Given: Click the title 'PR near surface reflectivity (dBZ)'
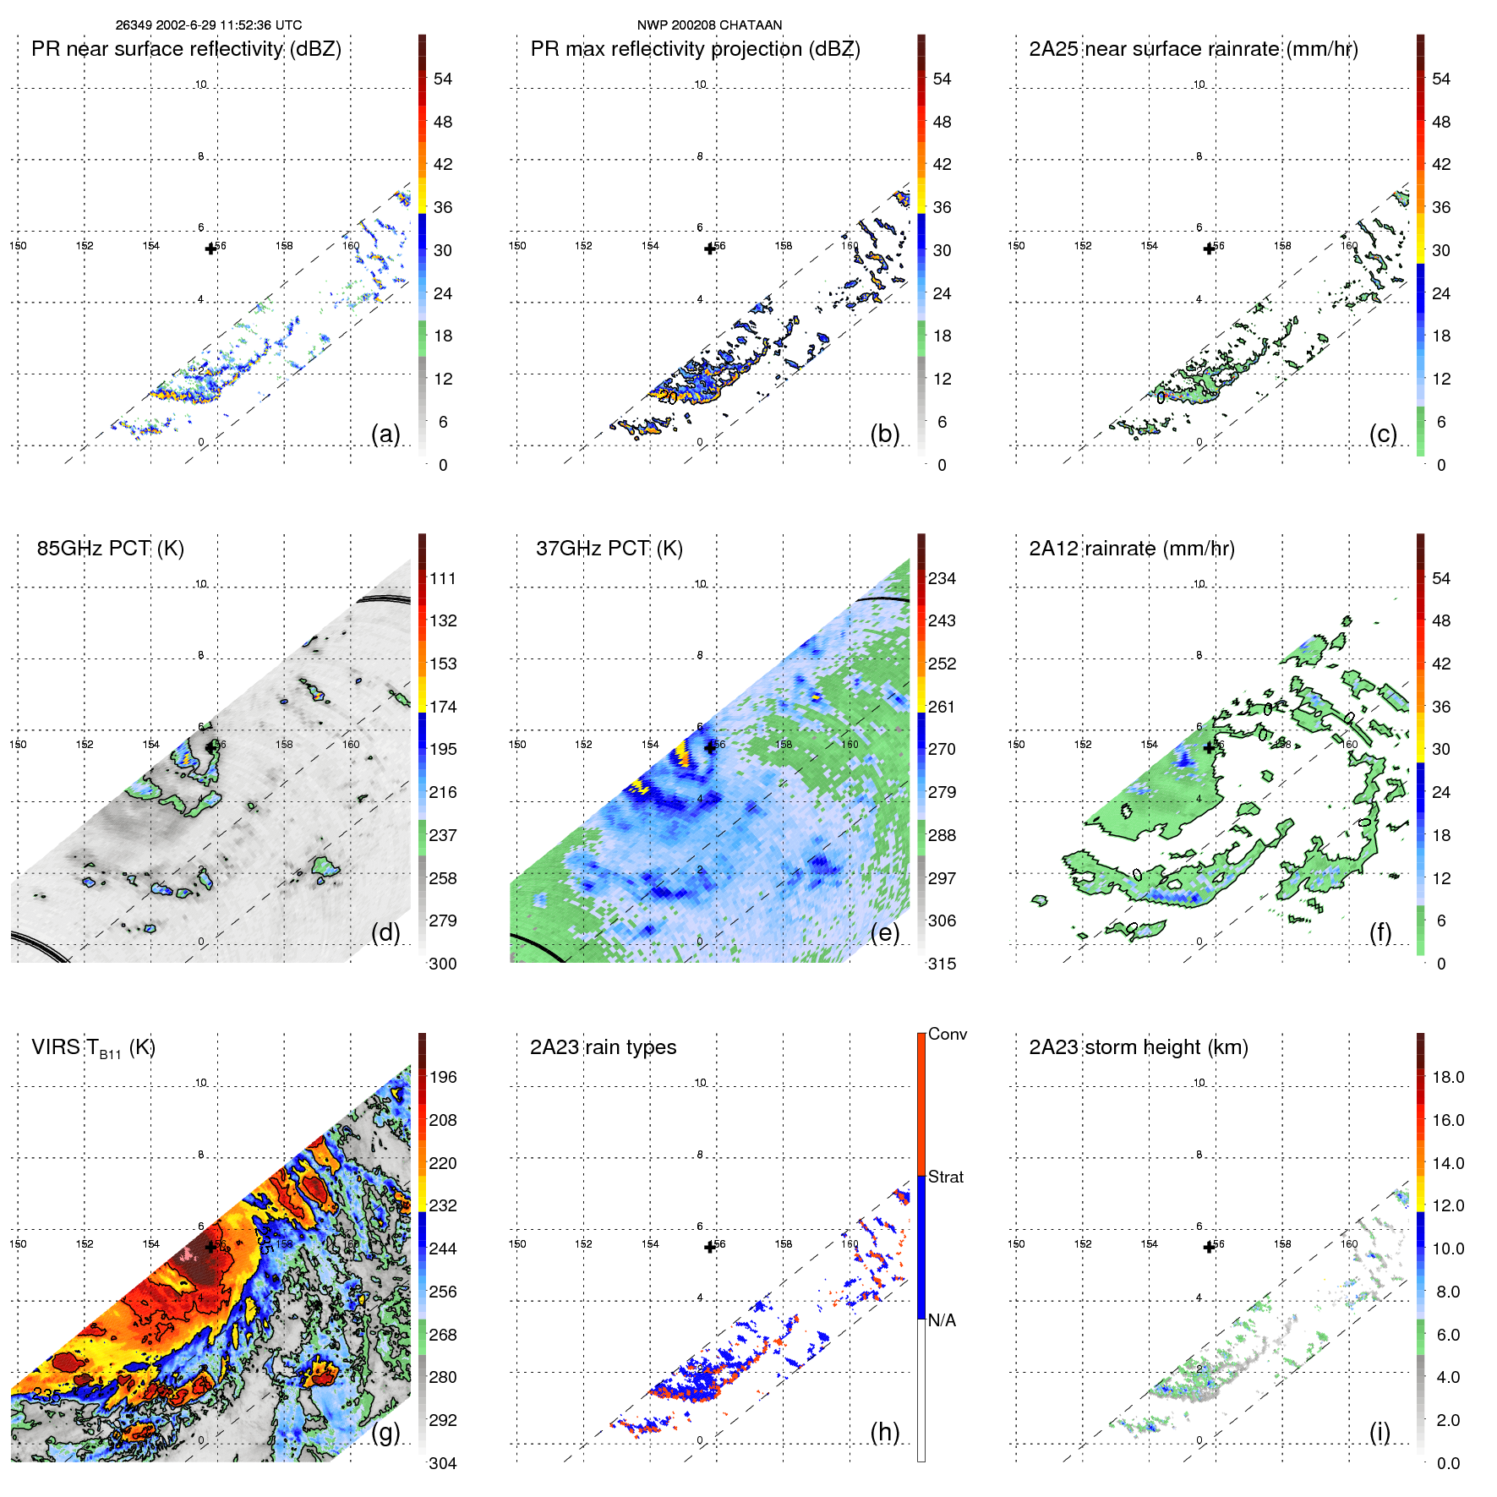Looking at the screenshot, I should coord(186,49).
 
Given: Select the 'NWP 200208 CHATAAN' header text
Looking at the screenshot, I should coord(709,25).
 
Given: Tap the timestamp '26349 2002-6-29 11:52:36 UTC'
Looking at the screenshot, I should coord(209,25).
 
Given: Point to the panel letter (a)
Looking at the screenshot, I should coord(385,434).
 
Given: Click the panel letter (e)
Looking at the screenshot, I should coord(884,932).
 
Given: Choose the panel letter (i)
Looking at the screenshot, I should coord(1380,1432).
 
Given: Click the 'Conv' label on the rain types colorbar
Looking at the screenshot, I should coord(947,1034).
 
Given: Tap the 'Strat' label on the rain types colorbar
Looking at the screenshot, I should coord(945,1177).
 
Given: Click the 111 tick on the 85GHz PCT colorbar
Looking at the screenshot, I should coord(443,579).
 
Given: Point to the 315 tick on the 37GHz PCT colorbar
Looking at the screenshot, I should coord(942,964).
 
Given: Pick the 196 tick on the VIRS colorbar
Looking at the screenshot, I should coord(443,1078).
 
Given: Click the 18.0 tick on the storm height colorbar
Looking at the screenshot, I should coord(1448,1078).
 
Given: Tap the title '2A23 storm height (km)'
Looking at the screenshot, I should coord(1138,1047).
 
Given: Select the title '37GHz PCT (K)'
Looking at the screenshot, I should coord(609,549).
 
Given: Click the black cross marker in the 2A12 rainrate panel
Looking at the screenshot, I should coord(1209,748).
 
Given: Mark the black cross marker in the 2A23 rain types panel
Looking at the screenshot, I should coord(710,1247).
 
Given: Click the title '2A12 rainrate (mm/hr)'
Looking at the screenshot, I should coord(1131,549).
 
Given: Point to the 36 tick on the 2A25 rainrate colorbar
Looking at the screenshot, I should coord(1441,207).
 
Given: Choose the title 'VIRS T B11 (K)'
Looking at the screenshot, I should coord(93,1048).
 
